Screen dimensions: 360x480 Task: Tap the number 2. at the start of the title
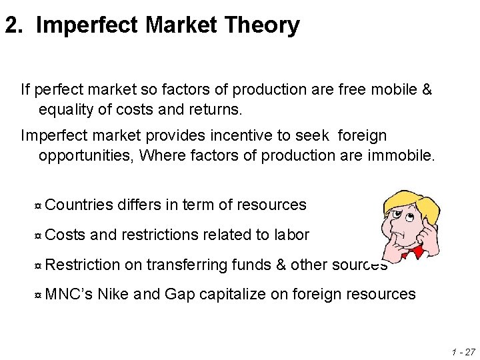(15, 26)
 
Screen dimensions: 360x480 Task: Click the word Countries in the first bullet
(79, 205)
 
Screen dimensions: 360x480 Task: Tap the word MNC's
(69, 293)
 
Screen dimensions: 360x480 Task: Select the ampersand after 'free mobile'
(427, 88)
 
